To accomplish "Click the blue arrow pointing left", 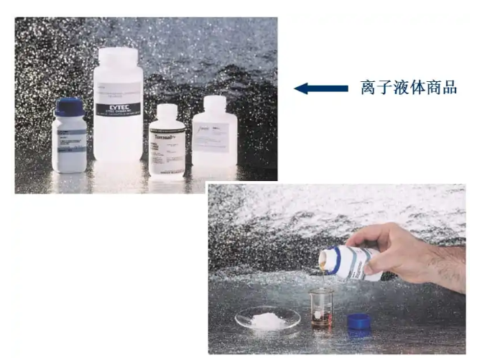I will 322,88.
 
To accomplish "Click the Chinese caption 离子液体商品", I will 408,88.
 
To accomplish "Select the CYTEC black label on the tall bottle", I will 119,109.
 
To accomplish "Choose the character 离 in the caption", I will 368,88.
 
